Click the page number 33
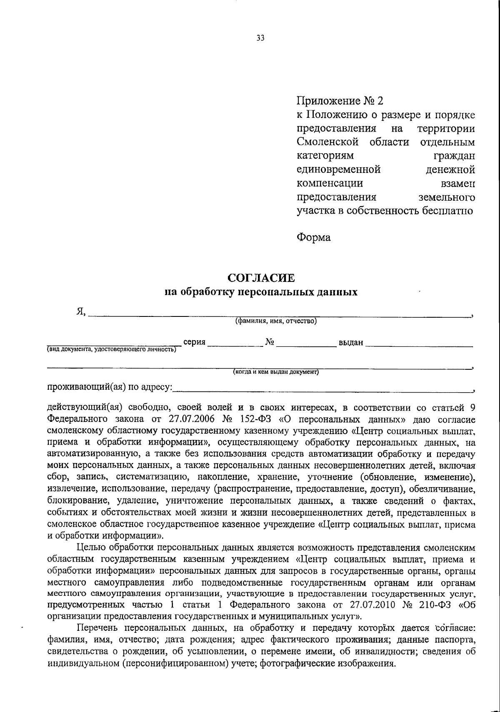[x=260, y=38]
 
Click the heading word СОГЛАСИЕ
[x=260, y=278]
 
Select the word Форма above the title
[x=313, y=237]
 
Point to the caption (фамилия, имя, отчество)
[x=276, y=321]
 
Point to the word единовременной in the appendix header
[x=339, y=169]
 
